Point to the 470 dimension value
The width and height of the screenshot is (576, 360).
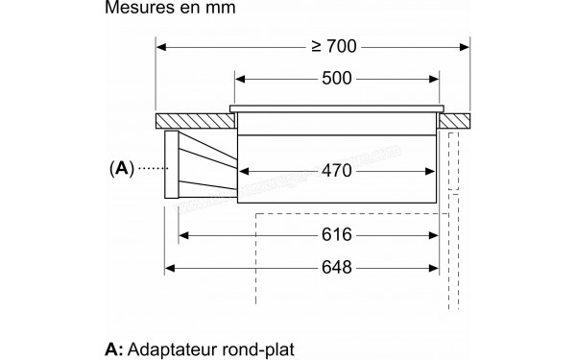point(335,171)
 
